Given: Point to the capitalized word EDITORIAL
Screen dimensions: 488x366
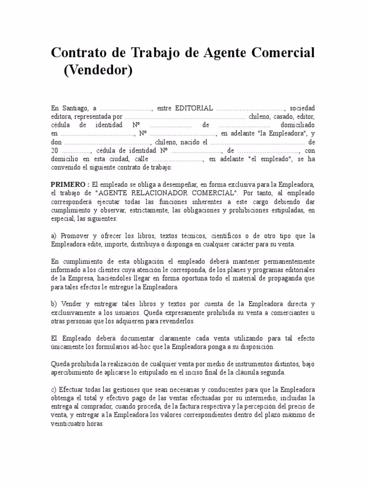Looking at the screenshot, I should click(x=194, y=108).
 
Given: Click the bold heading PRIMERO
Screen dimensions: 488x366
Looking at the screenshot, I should click(x=68, y=184).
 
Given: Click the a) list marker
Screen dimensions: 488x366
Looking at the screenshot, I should click(x=54, y=236).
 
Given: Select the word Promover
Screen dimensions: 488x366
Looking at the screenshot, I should click(x=73, y=236).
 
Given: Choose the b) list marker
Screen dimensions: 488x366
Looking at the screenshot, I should click(x=54, y=304).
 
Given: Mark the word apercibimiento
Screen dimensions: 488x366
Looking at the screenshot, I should click(x=72, y=372).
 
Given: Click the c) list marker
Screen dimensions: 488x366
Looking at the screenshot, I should click(x=54, y=389).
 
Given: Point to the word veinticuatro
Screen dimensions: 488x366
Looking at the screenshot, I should click(x=68, y=423).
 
